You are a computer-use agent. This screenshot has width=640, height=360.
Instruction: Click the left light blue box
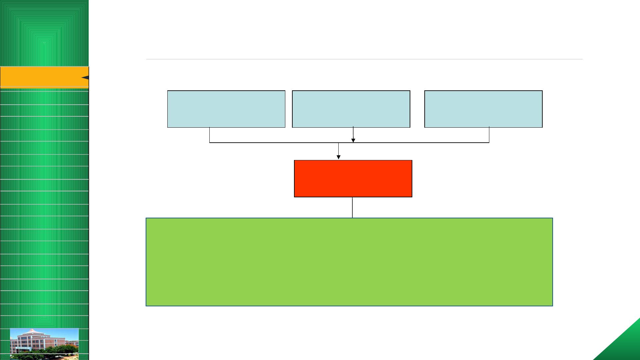(x=226, y=109)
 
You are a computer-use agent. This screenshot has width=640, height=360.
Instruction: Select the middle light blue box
(x=351, y=109)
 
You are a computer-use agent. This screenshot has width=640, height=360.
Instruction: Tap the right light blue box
(x=483, y=109)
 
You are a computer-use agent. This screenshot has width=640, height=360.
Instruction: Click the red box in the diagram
(x=353, y=179)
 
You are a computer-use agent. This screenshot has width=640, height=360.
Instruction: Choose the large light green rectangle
(x=349, y=262)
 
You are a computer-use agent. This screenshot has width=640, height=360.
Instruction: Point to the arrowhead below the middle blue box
(x=353, y=140)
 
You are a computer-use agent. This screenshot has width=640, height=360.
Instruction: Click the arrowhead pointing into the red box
(x=339, y=157)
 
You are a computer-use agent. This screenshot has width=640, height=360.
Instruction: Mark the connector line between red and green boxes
(x=352, y=207)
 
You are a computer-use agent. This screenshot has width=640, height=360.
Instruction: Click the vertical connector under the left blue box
(x=209, y=135)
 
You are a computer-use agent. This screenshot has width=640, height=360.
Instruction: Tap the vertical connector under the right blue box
(x=489, y=135)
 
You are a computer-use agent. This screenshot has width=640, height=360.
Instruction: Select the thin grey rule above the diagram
(x=364, y=59)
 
